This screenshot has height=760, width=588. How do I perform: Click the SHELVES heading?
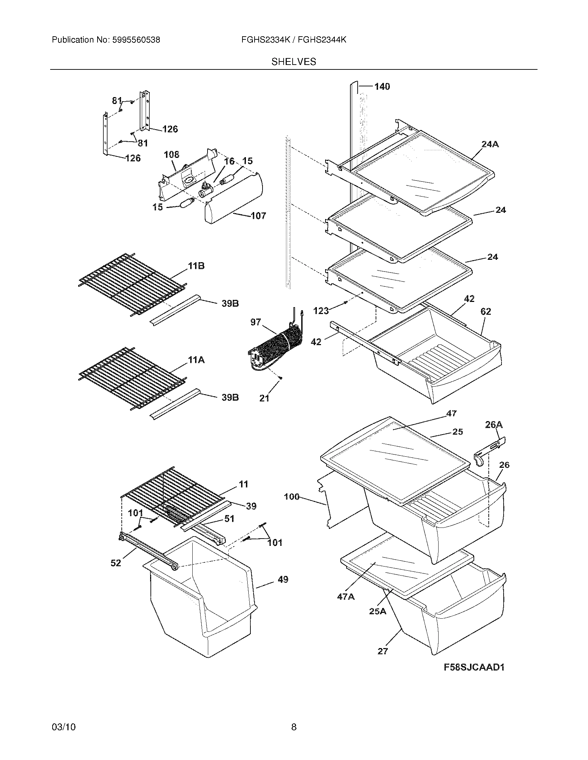point(294,62)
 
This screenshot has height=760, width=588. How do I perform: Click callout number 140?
point(382,86)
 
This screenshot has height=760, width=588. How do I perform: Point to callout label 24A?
point(490,144)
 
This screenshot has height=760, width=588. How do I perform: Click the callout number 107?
point(258,216)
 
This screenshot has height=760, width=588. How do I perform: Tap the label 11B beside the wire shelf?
point(196,266)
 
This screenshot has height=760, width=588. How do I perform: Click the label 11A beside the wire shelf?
point(196,360)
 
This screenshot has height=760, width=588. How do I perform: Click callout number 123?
point(321,311)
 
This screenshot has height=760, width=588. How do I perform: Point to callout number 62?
point(486,312)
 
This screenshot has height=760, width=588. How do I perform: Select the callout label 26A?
point(494,425)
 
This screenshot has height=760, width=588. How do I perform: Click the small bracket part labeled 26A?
point(488,453)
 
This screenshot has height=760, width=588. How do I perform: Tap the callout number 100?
point(292,497)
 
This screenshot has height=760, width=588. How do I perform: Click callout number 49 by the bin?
point(283,579)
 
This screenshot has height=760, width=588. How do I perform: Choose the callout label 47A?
point(346,597)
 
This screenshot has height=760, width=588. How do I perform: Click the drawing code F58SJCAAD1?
point(474,667)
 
